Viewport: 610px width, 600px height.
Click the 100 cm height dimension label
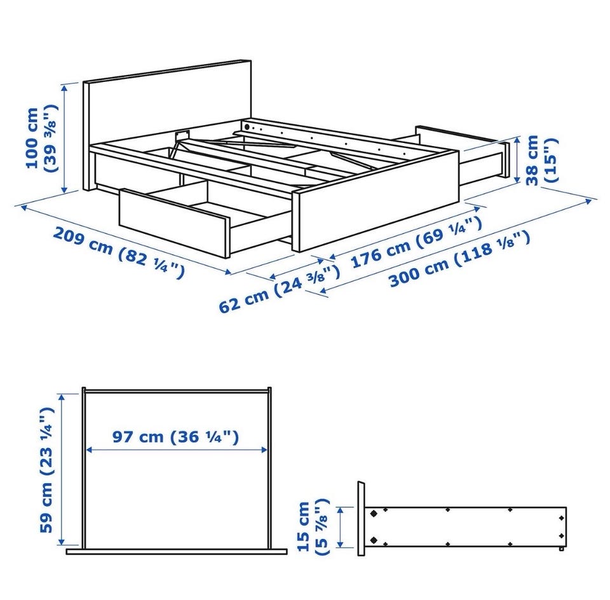point(42,138)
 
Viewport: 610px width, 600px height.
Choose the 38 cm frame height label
point(541,160)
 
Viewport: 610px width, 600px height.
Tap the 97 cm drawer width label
point(175,437)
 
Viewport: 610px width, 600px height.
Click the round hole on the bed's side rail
point(247,126)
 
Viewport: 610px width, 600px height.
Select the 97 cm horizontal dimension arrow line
point(176,450)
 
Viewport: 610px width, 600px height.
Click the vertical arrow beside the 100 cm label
point(65,138)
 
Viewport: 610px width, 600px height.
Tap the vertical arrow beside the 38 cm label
point(517,160)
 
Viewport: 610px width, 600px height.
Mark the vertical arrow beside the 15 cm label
point(341,527)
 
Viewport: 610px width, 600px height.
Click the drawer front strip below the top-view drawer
point(177,551)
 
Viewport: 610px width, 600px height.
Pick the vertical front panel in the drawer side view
point(362,518)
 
